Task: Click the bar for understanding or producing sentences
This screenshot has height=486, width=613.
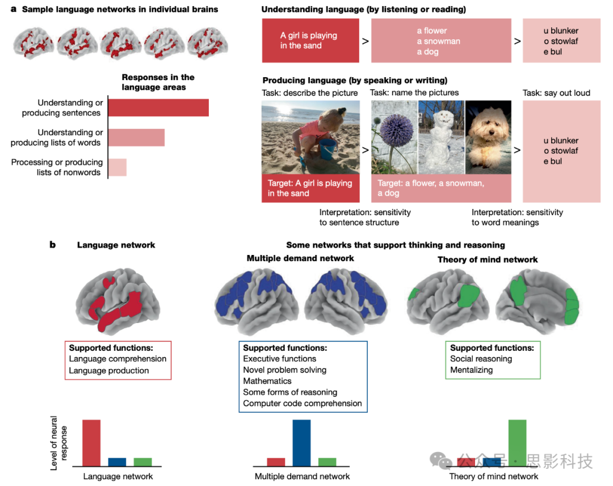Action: tap(158, 108)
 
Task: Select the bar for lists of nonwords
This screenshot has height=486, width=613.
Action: tap(117, 167)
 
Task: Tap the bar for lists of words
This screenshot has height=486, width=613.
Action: tap(136, 137)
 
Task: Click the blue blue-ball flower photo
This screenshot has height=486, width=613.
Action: tap(394, 137)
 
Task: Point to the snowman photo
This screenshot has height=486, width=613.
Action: tap(441, 137)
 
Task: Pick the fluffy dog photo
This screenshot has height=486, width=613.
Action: tap(488, 137)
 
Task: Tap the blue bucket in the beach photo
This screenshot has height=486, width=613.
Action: tap(328, 149)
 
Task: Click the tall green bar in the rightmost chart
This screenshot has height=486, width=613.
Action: tap(517, 443)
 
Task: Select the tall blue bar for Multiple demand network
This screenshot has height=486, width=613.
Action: tap(301, 443)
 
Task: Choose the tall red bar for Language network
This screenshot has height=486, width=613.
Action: tap(91, 443)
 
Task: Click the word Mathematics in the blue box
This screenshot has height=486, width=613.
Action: tap(267, 381)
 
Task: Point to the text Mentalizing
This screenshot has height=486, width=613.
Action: tap(471, 370)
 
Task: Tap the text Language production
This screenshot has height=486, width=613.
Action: tap(109, 371)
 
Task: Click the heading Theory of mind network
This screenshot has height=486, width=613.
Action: tap(488, 259)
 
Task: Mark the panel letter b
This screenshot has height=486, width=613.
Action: tap(52, 245)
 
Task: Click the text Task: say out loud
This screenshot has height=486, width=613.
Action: tap(556, 93)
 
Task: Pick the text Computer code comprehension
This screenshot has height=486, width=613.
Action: tap(302, 403)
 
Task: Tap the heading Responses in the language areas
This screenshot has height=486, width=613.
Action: tap(158, 82)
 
